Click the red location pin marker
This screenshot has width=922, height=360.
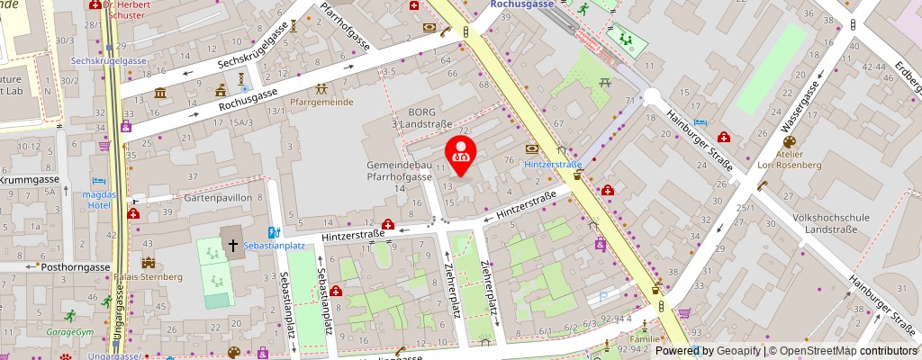coord(461,151)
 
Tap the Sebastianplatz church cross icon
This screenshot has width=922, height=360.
coord(232,244)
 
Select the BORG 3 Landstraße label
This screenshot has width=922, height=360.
coord(419,117)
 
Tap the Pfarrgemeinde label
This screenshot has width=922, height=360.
coord(321,103)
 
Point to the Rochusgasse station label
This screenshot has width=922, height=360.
coord(527,4)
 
